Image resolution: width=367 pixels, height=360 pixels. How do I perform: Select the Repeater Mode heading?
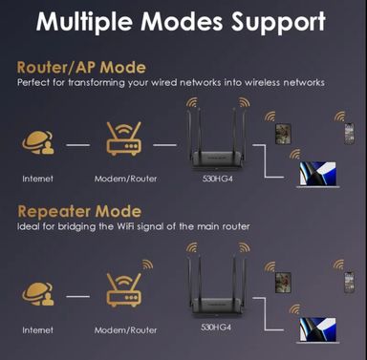[x=78, y=211]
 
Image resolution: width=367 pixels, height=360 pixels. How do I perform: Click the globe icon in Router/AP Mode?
[x=38, y=144]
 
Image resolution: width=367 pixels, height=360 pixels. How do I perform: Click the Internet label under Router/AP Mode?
[x=38, y=179]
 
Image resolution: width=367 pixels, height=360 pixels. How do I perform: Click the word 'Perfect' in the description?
[x=33, y=83]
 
